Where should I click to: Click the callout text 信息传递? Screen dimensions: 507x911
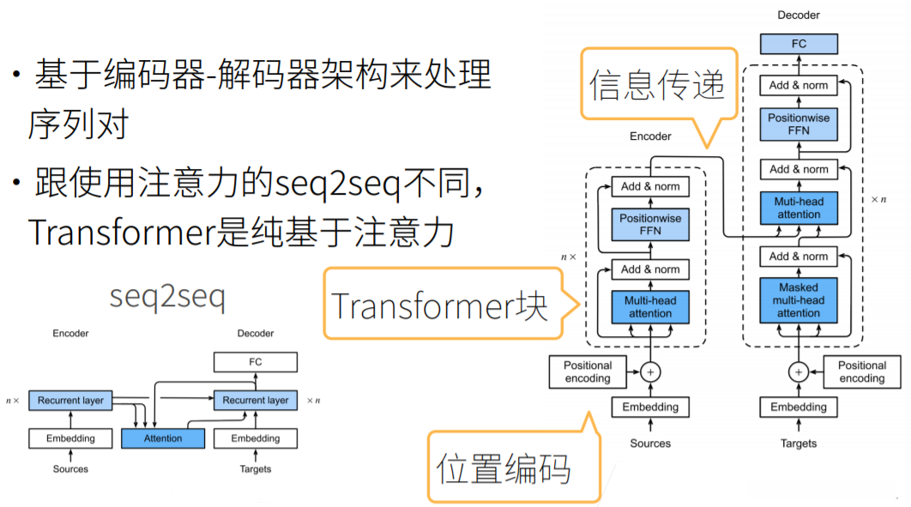tap(657, 85)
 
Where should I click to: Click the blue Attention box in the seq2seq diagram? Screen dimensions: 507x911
tap(163, 438)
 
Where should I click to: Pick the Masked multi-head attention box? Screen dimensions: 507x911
tap(799, 300)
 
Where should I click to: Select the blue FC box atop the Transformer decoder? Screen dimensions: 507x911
tap(799, 44)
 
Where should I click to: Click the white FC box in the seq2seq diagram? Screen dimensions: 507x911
tap(256, 362)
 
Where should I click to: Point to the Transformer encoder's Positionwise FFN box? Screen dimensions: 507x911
tap(650, 225)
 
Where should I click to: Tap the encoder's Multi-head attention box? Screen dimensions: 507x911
tap(650, 307)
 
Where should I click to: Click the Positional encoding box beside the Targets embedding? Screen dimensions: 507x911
tap(862, 372)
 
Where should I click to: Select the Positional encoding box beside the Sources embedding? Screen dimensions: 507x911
tap(588, 372)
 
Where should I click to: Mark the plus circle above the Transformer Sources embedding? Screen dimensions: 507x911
tap(650, 372)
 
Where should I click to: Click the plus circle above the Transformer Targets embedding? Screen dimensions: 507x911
tap(799, 372)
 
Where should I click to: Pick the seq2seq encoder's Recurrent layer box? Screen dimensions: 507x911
tap(70, 401)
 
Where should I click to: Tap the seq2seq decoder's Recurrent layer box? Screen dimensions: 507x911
tap(256, 401)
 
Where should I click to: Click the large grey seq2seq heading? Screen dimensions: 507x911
tap(167, 297)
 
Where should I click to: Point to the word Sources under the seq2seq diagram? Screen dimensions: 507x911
tap(70, 469)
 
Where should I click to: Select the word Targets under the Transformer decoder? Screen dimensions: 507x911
tap(799, 444)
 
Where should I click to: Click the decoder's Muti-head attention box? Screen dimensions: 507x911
tap(799, 208)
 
